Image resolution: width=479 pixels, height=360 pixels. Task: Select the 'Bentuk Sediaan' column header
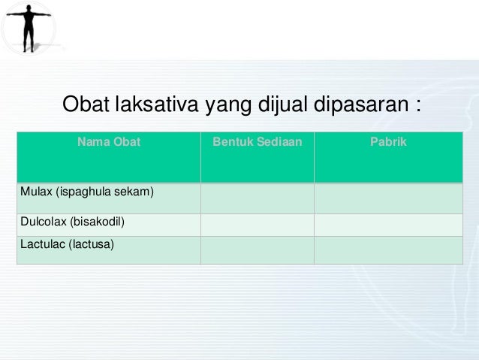pyautogui.click(x=257, y=141)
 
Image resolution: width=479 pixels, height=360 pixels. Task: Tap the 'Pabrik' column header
pyautogui.click(x=388, y=141)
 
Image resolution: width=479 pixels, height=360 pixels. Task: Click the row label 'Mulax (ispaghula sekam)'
pyautogui.click(x=87, y=192)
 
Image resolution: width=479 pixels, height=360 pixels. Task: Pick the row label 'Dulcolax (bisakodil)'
pyautogui.click(x=71, y=222)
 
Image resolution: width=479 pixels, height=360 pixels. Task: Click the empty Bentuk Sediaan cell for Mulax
pyautogui.click(x=257, y=198)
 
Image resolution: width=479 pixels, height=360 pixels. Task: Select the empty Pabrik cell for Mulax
pyautogui.click(x=388, y=198)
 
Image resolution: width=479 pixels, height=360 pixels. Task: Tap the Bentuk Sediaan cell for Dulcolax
pyautogui.click(x=257, y=224)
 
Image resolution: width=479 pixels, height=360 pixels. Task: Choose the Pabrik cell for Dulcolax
pyautogui.click(x=388, y=224)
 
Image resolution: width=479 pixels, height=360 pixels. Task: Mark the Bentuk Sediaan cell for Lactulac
pyautogui.click(x=257, y=250)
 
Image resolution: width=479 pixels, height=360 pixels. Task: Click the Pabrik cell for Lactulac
pyautogui.click(x=388, y=250)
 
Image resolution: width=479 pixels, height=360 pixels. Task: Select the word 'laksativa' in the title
pyautogui.click(x=157, y=104)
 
